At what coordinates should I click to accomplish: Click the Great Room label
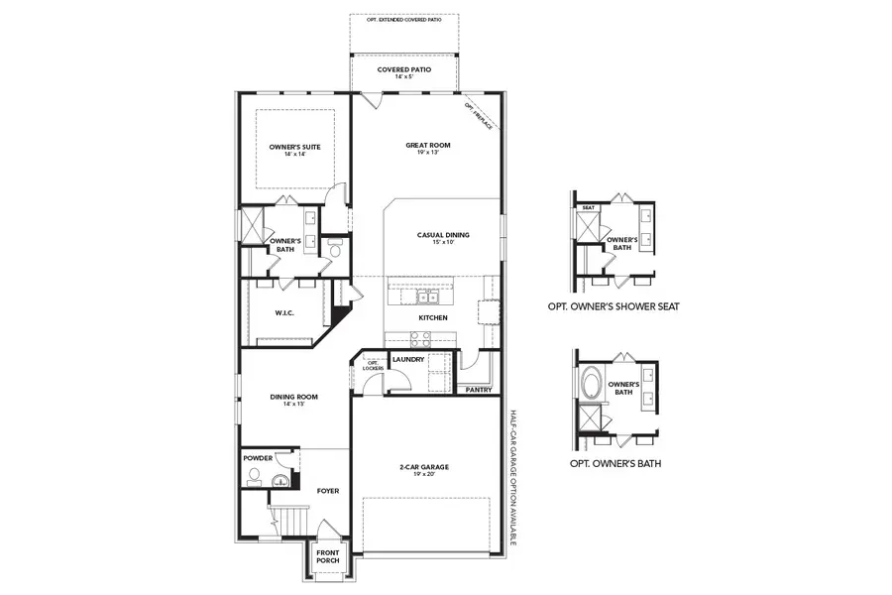427,146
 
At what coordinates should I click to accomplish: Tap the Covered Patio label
403,70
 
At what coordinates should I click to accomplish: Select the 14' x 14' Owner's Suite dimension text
294,155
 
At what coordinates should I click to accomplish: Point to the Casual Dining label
443,235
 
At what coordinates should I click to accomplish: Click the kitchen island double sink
428,297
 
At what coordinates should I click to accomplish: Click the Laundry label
408,359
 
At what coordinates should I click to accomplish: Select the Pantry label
479,390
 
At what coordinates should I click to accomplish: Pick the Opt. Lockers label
374,366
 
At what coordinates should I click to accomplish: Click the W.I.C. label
285,313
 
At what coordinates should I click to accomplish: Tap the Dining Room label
293,398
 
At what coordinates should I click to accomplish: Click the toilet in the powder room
255,478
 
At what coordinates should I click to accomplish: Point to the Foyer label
327,490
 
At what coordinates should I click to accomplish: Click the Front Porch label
327,556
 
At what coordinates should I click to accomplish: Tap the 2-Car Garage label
424,466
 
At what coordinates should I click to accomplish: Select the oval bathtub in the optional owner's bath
591,384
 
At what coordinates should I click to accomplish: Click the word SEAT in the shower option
588,207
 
